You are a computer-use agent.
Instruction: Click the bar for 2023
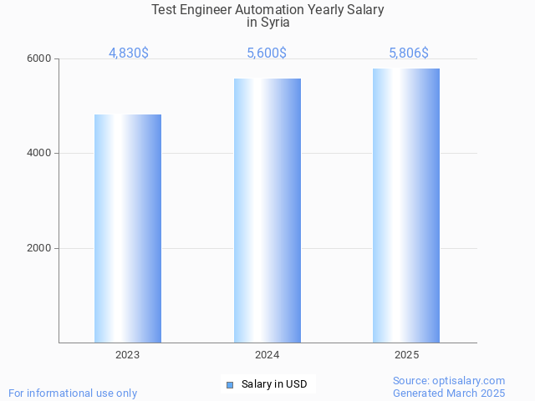tap(128, 228)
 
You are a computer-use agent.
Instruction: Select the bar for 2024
tap(267, 211)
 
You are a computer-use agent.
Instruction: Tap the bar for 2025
tap(406, 206)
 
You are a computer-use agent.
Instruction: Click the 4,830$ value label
tap(129, 53)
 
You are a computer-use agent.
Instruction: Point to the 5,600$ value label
tap(267, 53)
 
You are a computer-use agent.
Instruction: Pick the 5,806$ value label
tap(409, 53)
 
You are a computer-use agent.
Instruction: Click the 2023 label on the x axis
tap(128, 355)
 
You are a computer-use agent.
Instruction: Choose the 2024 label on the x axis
tap(267, 355)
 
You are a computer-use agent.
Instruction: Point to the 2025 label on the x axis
tap(407, 355)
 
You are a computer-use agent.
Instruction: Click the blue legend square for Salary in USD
tap(230, 384)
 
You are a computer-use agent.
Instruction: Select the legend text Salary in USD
tap(274, 384)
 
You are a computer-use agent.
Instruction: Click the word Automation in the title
tap(271, 10)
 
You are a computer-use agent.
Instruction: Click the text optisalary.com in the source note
tap(469, 380)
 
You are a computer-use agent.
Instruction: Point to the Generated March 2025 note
tap(449, 393)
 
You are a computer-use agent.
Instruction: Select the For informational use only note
tap(73, 393)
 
